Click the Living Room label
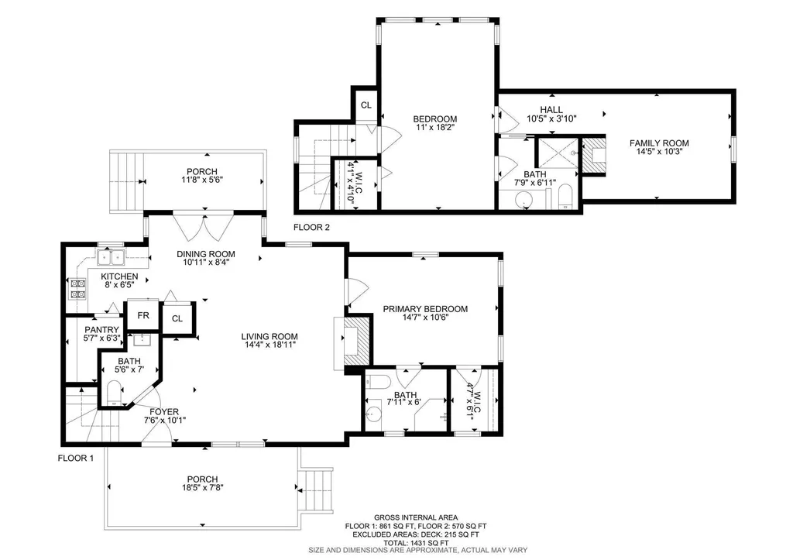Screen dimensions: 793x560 point(269,336)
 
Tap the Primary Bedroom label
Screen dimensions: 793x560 point(425,309)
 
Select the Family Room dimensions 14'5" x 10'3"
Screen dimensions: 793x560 point(659,151)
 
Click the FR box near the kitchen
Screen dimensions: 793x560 point(143,316)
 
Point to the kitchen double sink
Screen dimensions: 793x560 point(111,257)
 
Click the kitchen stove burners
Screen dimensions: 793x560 point(78,288)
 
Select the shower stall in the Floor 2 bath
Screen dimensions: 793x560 point(558,153)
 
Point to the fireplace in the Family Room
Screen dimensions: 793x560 point(594,154)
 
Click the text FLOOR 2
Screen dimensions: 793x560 point(311,228)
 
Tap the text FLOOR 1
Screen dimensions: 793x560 point(76,459)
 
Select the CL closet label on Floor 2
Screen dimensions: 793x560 point(366,105)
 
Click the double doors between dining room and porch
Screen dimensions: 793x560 point(204,226)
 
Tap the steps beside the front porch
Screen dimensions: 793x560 point(317,489)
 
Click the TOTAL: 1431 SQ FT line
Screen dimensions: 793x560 point(416,541)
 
